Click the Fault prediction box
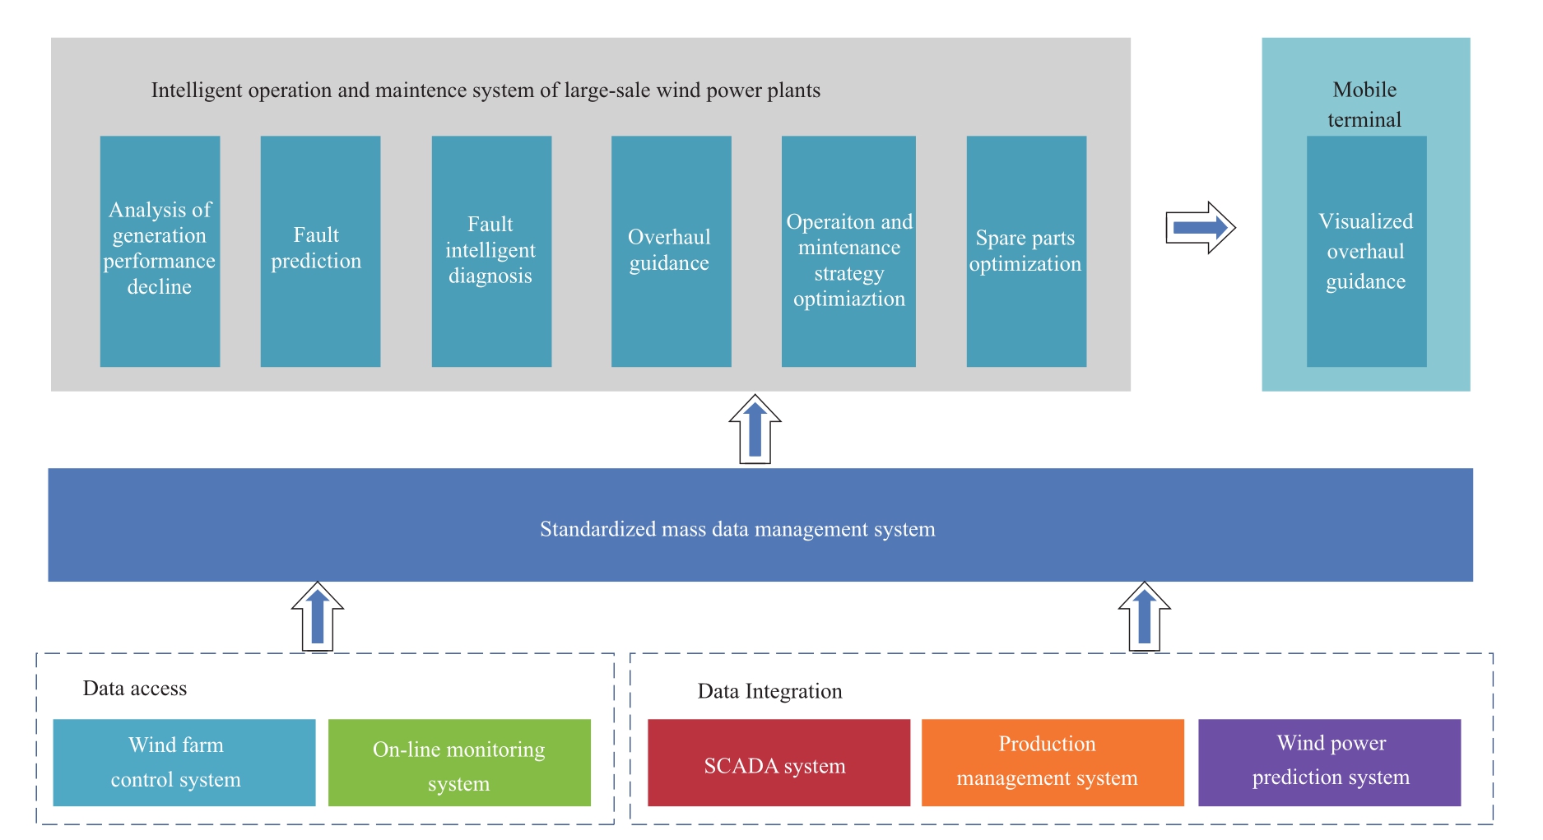pyautogui.click(x=320, y=251)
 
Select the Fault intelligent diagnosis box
pyautogui.click(x=491, y=251)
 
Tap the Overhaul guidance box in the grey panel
pyautogui.click(x=671, y=251)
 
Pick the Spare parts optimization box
pyautogui.click(x=1026, y=251)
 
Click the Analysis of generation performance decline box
pyautogui.click(x=160, y=251)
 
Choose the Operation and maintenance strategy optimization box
pyautogui.click(x=848, y=251)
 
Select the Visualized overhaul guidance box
pyautogui.click(x=1366, y=251)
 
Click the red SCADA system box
pyautogui.click(x=778, y=763)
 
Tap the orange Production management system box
pyautogui.click(x=1053, y=763)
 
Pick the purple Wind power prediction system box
pyautogui.click(x=1329, y=763)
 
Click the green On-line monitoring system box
pyautogui.click(x=459, y=763)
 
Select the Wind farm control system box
pyautogui.click(x=184, y=763)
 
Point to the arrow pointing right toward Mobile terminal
pyautogui.click(x=1201, y=227)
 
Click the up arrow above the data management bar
pyautogui.click(x=755, y=429)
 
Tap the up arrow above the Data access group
pyautogui.click(x=318, y=617)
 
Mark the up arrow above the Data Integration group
pyautogui.click(x=1144, y=617)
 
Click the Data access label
pyautogui.click(x=135, y=689)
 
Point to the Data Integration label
pyautogui.click(x=770, y=691)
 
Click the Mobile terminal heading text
pyautogui.click(x=1364, y=104)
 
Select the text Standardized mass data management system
pyautogui.click(x=737, y=529)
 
